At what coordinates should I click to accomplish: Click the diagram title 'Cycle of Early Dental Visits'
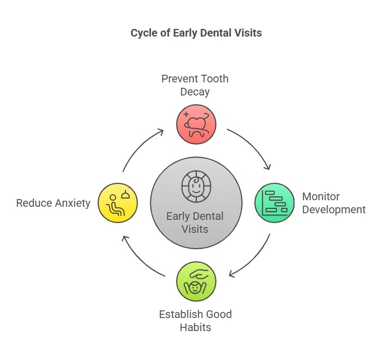196,33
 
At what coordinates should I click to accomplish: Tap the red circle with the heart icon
196,124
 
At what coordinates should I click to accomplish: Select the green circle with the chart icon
275,203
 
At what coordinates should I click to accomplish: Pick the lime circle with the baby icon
196,281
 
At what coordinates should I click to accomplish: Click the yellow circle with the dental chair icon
118,203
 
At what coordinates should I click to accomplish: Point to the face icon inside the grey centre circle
195,185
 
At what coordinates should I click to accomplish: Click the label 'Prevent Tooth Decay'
195,85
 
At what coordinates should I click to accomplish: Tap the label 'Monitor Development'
334,203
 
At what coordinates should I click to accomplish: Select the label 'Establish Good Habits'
195,321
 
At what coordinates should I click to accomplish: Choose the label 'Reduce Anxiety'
53,203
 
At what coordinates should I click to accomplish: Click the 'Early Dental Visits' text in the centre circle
195,223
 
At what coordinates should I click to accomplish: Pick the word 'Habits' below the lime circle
195,327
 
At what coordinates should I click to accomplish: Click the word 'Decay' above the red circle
195,92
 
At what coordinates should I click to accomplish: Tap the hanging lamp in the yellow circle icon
125,194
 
